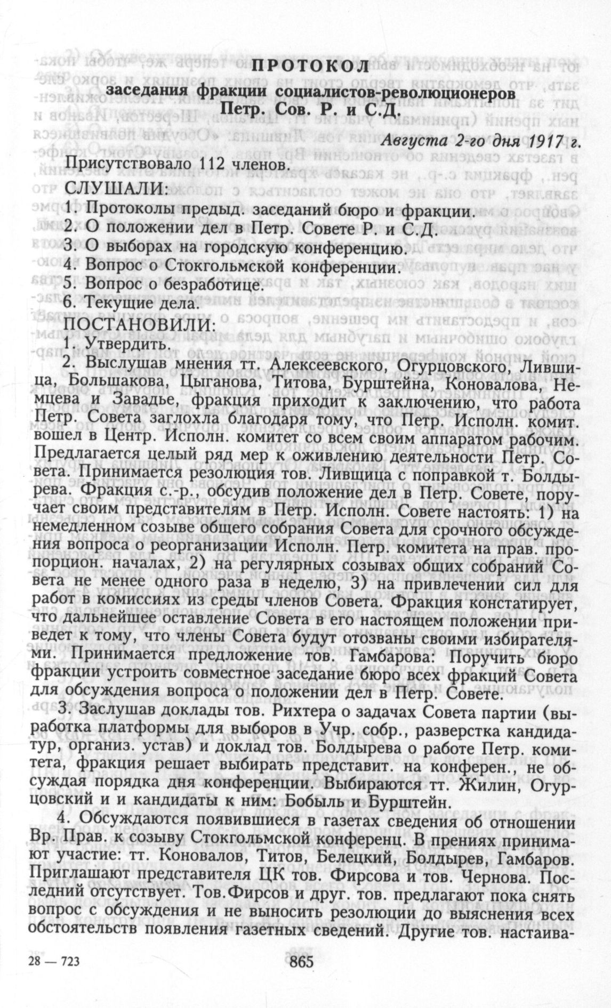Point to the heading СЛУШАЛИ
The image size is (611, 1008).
click(116, 188)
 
